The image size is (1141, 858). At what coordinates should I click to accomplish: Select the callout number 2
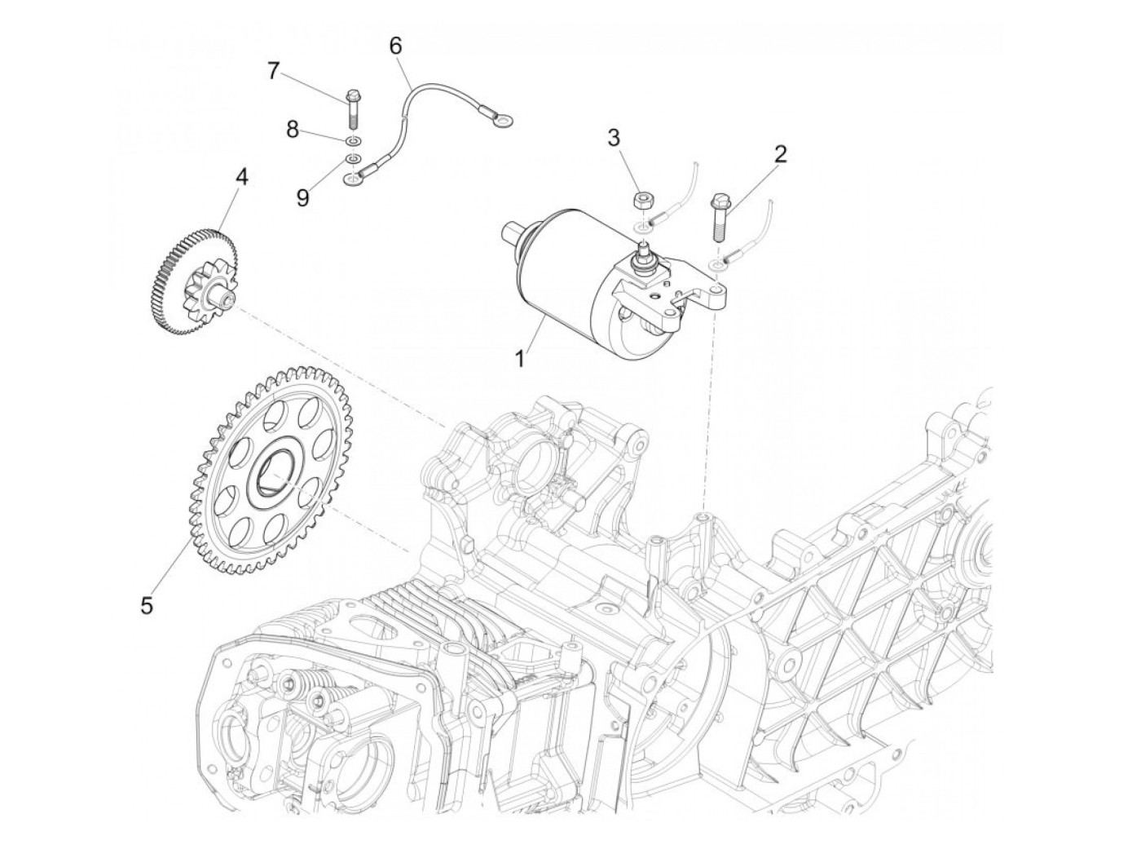(780, 155)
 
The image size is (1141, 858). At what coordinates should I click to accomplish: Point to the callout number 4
(240, 175)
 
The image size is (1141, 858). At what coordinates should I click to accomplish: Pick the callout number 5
(147, 606)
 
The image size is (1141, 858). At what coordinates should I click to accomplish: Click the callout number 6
(395, 46)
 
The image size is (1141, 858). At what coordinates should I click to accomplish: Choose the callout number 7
(273, 71)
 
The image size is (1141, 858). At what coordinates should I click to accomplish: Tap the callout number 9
(302, 198)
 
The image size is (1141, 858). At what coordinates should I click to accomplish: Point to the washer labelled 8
(353, 140)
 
